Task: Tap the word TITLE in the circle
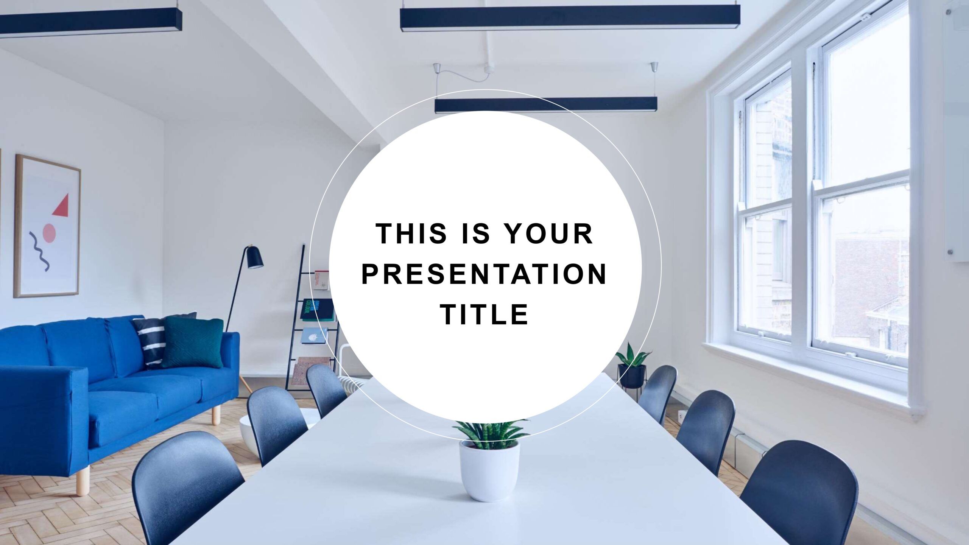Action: pyautogui.click(x=484, y=314)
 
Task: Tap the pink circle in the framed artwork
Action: pyautogui.click(x=49, y=233)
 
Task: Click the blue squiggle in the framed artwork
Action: pyautogui.click(x=39, y=251)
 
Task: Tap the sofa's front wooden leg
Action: pyautogui.click(x=83, y=480)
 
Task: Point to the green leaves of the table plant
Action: pyautogui.click(x=491, y=434)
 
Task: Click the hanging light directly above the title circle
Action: pyautogui.click(x=545, y=104)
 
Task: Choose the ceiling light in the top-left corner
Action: pyautogui.click(x=91, y=22)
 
